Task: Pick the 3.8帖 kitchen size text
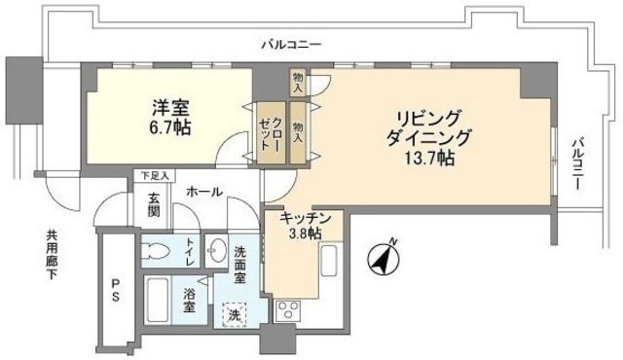click(x=306, y=236)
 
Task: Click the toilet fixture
click(x=157, y=250)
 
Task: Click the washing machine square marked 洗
click(x=235, y=314)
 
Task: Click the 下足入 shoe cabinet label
click(x=155, y=176)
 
